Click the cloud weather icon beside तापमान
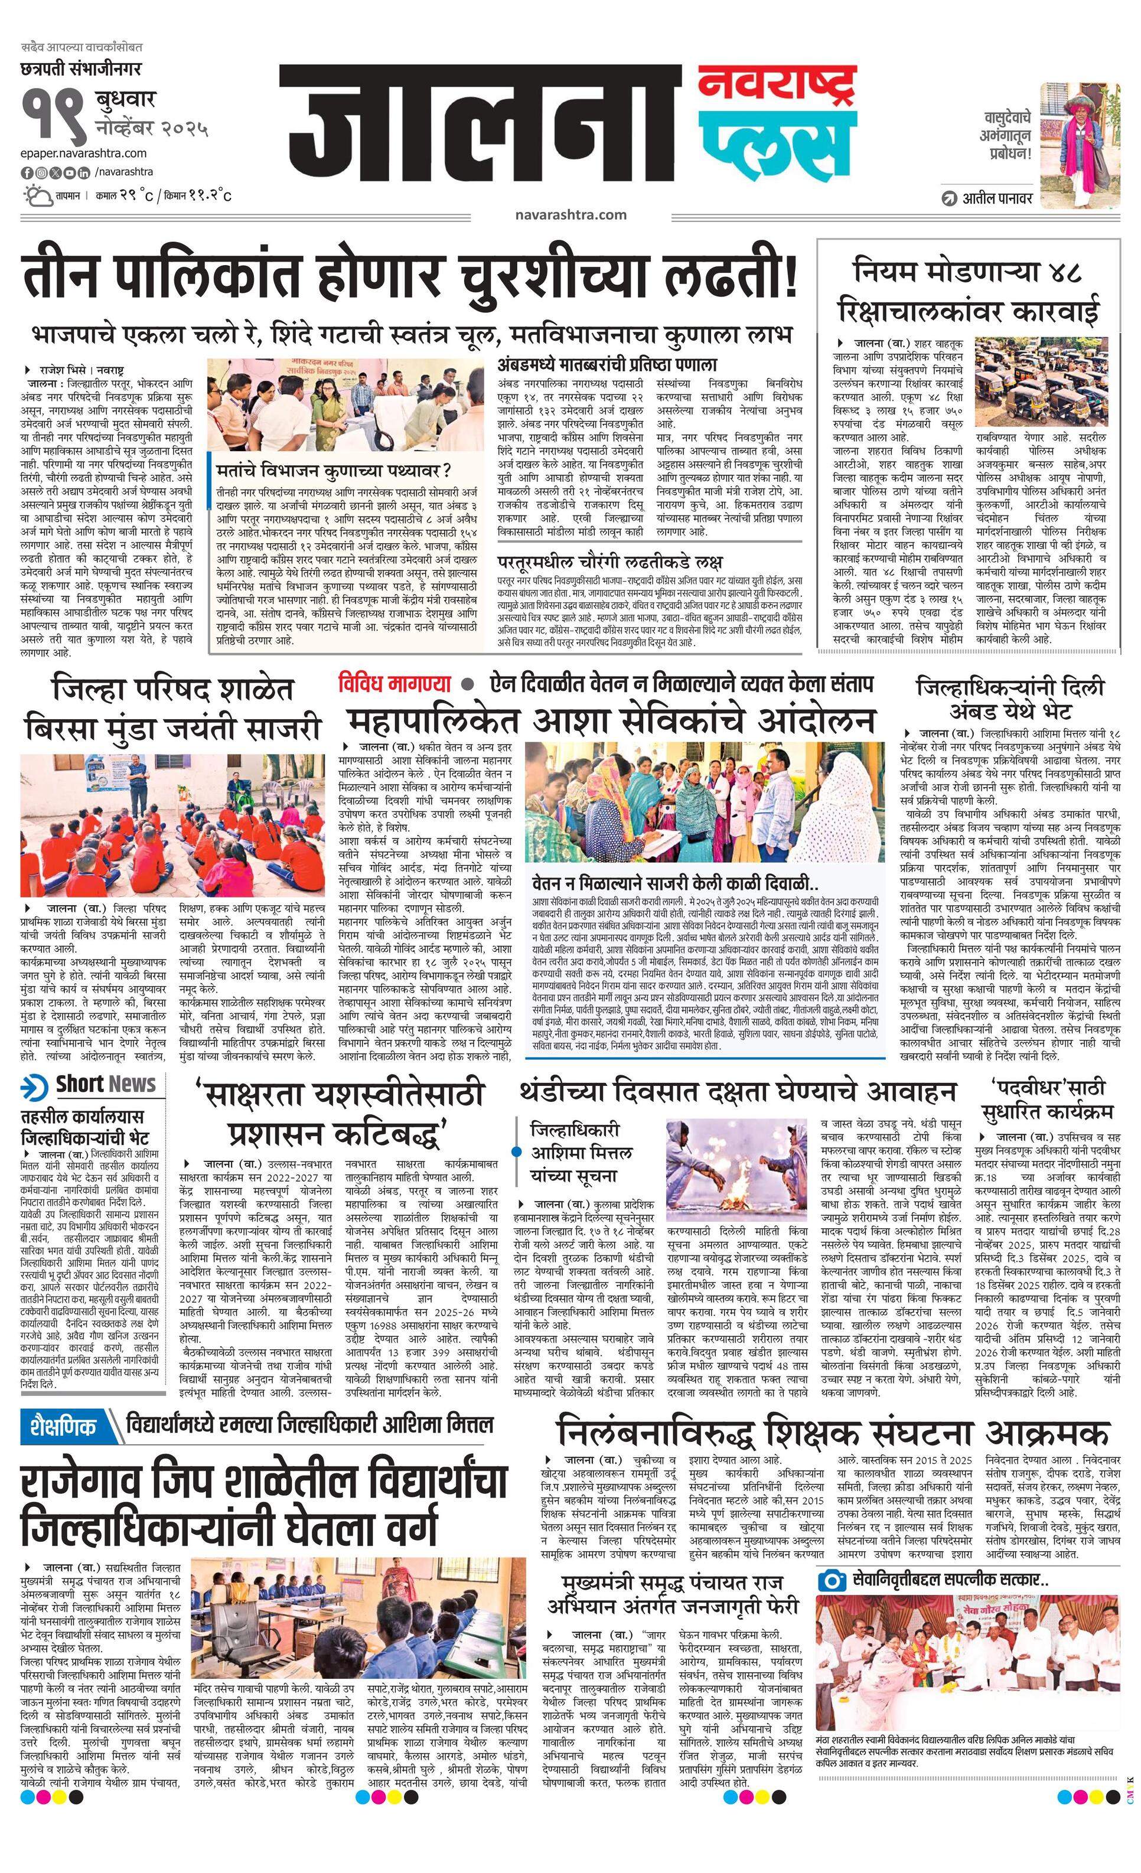click(x=35, y=196)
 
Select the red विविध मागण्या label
click(x=395, y=683)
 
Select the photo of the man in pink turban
click(x=1080, y=145)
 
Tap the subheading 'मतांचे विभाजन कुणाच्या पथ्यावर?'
click(x=333, y=469)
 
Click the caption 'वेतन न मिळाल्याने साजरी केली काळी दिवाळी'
click(x=675, y=885)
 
